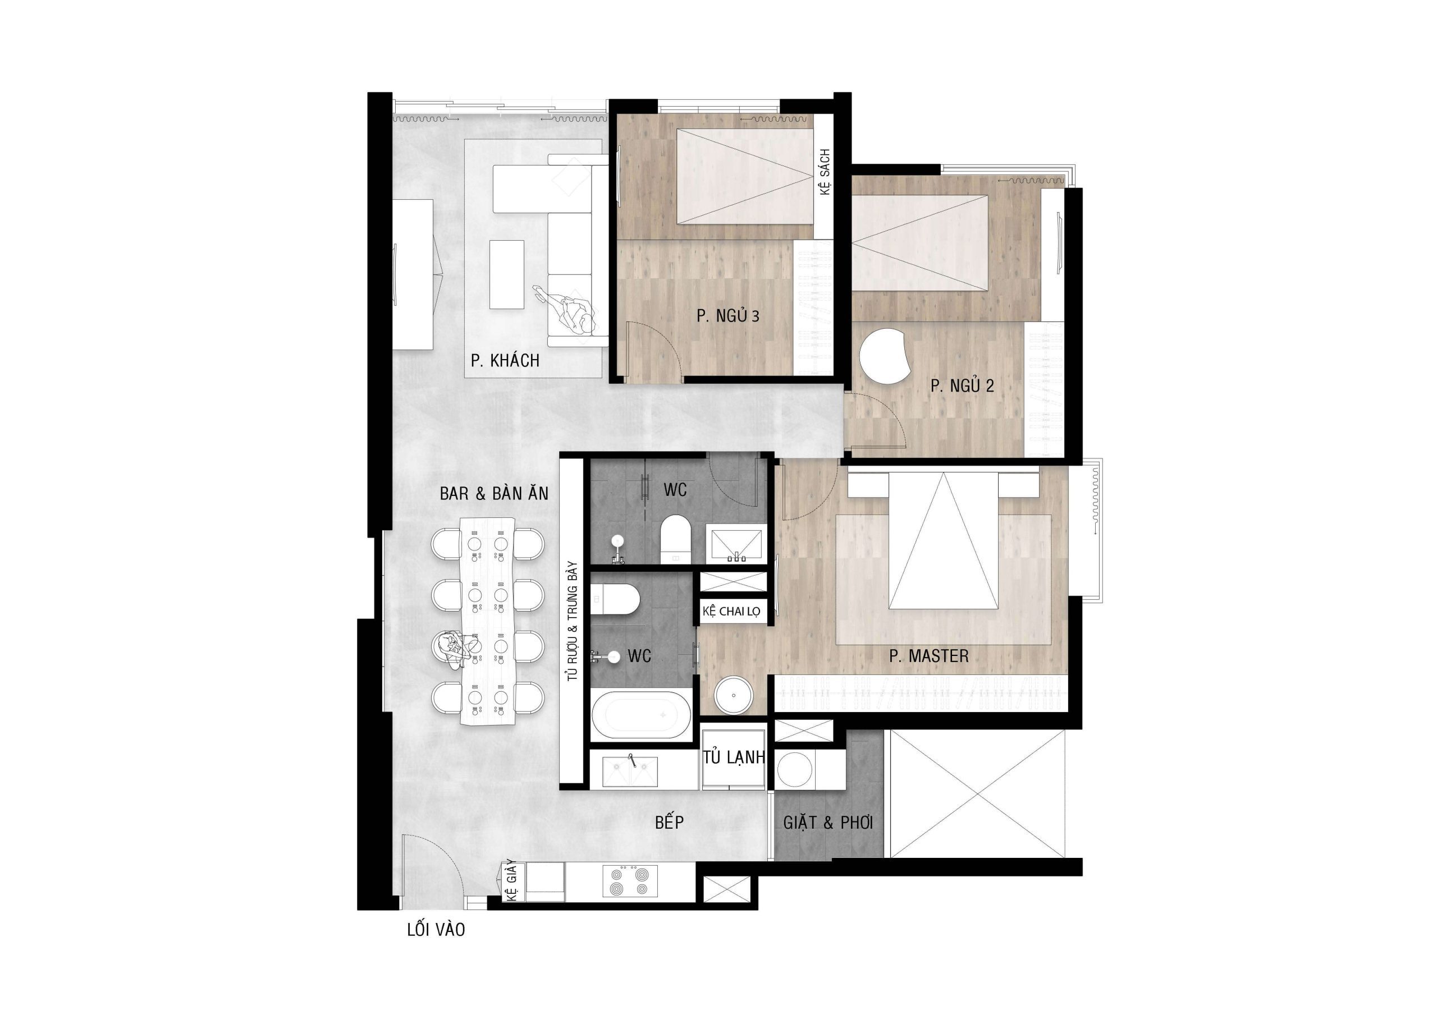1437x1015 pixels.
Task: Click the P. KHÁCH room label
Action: click(x=505, y=360)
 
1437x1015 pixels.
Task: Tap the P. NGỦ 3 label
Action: click(x=728, y=316)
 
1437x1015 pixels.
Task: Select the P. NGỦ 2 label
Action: click(x=962, y=386)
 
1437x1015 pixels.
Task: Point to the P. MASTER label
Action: click(x=929, y=656)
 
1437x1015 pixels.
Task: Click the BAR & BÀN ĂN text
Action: click(x=494, y=494)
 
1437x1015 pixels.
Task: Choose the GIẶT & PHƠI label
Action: click(x=828, y=823)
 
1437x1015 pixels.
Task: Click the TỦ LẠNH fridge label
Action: click(x=734, y=758)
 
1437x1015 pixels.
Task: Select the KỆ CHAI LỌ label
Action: click(x=731, y=612)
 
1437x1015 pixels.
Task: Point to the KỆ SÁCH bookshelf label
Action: click(x=825, y=172)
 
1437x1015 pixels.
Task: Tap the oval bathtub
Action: click(x=641, y=714)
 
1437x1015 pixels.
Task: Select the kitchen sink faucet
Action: click(x=632, y=760)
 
